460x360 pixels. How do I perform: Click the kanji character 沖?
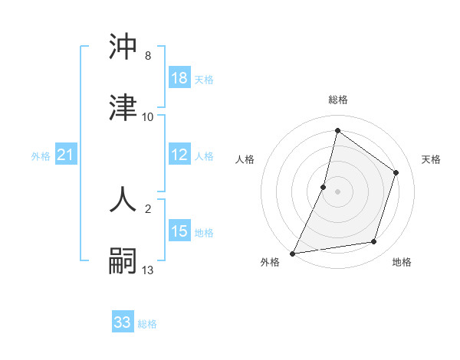(123, 47)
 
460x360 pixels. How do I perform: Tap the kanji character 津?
(123, 108)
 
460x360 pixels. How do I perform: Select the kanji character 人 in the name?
(123, 199)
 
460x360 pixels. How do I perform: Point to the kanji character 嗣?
(123, 260)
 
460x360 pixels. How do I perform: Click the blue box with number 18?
(179, 78)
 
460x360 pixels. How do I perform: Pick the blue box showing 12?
(179, 155)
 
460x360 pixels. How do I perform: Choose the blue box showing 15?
(179, 231)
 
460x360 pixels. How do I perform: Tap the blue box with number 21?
(66, 155)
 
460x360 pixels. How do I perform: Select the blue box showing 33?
(123, 322)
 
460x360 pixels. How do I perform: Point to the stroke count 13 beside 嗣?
(148, 270)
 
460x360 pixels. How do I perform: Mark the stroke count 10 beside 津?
(148, 117)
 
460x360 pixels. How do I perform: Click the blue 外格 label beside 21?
(41, 155)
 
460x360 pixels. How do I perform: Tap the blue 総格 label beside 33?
(147, 323)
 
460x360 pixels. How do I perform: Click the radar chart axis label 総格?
(337, 100)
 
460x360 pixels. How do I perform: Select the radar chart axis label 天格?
(431, 159)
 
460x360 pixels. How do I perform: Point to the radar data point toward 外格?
(293, 253)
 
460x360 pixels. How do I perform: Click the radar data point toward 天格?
(396, 172)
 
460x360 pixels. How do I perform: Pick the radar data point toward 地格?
(374, 242)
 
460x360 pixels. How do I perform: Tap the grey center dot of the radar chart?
(337, 191)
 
